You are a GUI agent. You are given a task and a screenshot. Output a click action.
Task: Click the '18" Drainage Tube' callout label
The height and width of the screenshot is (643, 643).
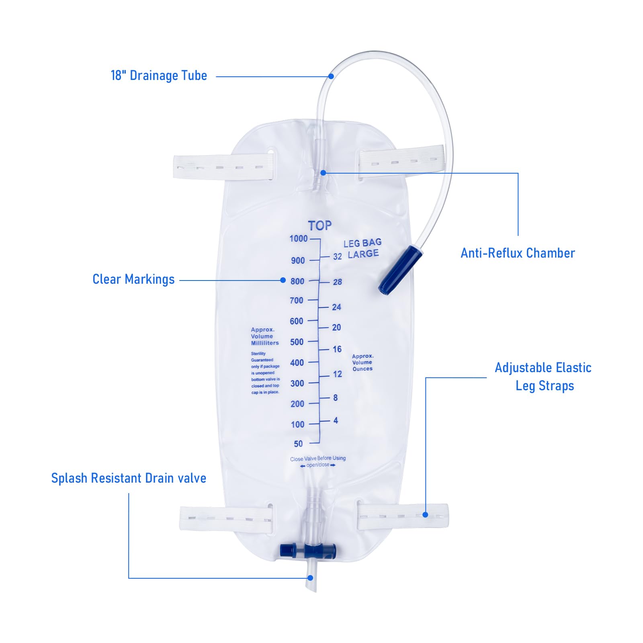159,76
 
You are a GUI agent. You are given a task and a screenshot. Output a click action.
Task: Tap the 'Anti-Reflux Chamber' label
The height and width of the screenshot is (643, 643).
518,253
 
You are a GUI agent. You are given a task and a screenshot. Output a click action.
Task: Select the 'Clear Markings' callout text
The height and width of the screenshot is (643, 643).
133,279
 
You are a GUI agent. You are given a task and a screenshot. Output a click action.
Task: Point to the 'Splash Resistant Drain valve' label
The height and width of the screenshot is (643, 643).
129,478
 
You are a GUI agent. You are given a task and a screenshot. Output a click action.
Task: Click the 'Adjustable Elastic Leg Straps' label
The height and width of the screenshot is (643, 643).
543,377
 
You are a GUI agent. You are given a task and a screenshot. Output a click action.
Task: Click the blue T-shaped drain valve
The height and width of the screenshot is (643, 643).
308,550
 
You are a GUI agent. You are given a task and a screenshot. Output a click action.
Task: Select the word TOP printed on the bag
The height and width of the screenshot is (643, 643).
320,225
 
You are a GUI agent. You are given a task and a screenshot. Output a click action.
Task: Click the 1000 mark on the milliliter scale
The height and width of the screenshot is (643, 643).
299,239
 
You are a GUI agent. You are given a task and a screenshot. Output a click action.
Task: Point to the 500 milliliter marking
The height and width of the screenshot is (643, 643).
297,342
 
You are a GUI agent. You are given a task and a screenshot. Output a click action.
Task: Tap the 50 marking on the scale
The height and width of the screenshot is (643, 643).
298,444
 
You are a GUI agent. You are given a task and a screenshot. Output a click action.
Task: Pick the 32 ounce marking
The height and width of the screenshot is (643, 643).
338,256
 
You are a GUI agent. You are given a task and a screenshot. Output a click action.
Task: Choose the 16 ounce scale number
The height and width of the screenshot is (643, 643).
337,349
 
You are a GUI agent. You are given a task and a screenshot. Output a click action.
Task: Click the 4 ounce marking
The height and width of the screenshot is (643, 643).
336,420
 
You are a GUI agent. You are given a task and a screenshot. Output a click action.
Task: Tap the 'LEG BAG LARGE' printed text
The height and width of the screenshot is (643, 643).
363,248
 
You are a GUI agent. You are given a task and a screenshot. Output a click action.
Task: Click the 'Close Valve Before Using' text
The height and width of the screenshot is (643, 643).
318,459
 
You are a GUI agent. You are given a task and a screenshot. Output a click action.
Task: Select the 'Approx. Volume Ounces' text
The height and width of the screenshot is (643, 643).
362,362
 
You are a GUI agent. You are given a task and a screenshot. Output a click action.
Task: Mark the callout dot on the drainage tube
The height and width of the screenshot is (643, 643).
331,76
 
